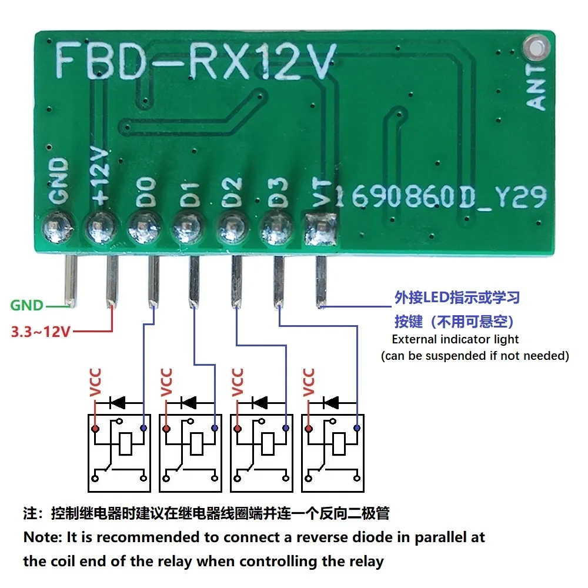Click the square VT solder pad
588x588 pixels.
coord(320,230)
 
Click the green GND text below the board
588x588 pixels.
coord(27,305)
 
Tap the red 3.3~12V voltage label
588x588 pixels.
coord(41,332)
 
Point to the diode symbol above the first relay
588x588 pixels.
coord(118,403)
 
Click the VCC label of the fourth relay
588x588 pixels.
coord(308,382)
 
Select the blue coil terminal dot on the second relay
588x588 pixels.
coord(215,428)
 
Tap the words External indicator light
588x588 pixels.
coord(455,339)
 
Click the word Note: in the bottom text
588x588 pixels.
coord(44,537)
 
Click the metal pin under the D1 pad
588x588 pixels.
coord(194,282)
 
